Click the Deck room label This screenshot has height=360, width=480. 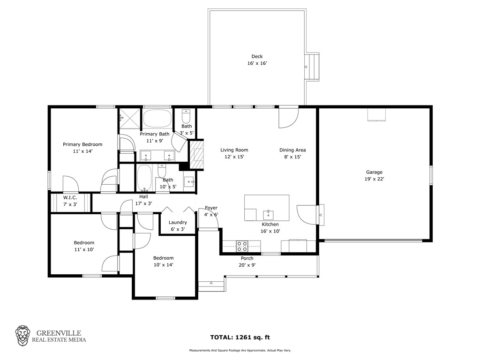pos(257,56)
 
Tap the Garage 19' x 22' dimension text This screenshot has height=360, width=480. pos(374,179)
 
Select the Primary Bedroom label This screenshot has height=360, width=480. pos(82,144)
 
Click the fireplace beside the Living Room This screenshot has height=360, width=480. pos(197,155)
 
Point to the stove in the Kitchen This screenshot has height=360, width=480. pos(242,247)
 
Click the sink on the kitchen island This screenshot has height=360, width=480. pos(268,215)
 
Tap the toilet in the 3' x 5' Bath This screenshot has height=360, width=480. pos(186,116)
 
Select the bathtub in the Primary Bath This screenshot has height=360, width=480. pos(157,118)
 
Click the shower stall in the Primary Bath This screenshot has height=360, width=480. pos(130,119)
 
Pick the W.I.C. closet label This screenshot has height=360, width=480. pos(70,198)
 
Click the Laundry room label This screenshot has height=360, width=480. pos(178,223)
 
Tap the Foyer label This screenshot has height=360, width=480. pos(211,208)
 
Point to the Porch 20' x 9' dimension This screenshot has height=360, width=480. pos(247,265)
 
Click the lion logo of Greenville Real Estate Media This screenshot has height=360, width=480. pos(23,336)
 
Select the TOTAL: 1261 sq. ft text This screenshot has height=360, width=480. pos(240,337)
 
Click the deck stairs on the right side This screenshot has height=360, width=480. pos(312,67)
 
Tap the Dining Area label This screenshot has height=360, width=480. pos(292,150)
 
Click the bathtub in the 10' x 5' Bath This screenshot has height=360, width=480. pos(144,178)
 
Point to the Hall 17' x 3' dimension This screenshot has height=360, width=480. pos(143,203)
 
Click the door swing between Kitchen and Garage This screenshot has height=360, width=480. pos(306,215)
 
